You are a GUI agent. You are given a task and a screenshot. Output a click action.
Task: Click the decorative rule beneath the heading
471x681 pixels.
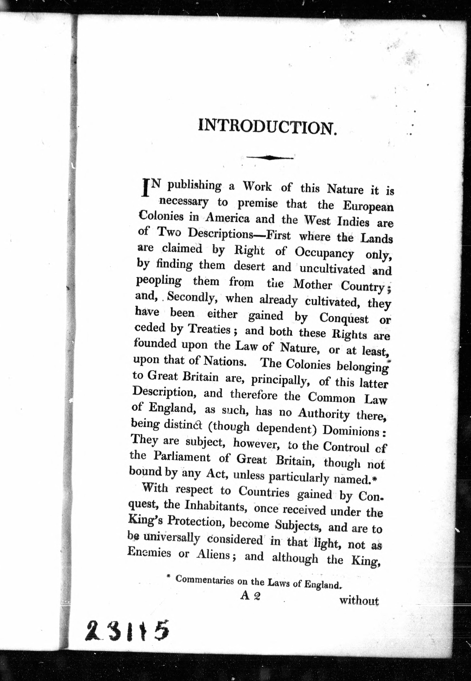(x=269, y=158)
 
